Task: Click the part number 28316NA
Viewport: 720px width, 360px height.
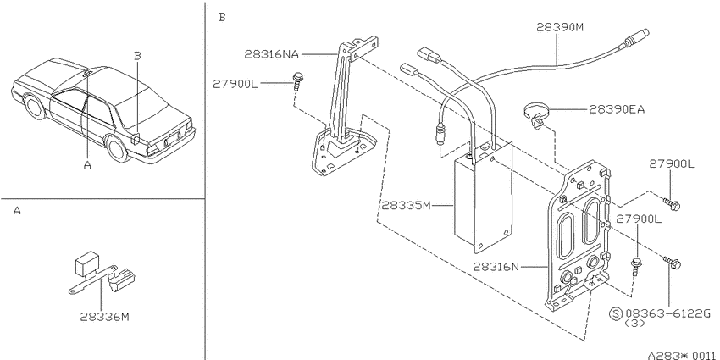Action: [x=271, y=54]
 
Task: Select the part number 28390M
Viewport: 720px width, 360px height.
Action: [x=560, y=27]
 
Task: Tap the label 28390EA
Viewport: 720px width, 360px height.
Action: [x=617, y=109]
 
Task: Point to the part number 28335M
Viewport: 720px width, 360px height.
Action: [x=406, y=205]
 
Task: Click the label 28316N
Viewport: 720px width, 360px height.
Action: [x=496, y=266]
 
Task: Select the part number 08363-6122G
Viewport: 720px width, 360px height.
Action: [x=668, y=313]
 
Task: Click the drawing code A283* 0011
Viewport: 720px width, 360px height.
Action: [x=681, y=355]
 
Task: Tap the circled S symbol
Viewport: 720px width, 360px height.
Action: [x=615, y=313]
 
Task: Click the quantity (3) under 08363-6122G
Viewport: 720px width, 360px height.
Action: [x=635, y=324]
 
